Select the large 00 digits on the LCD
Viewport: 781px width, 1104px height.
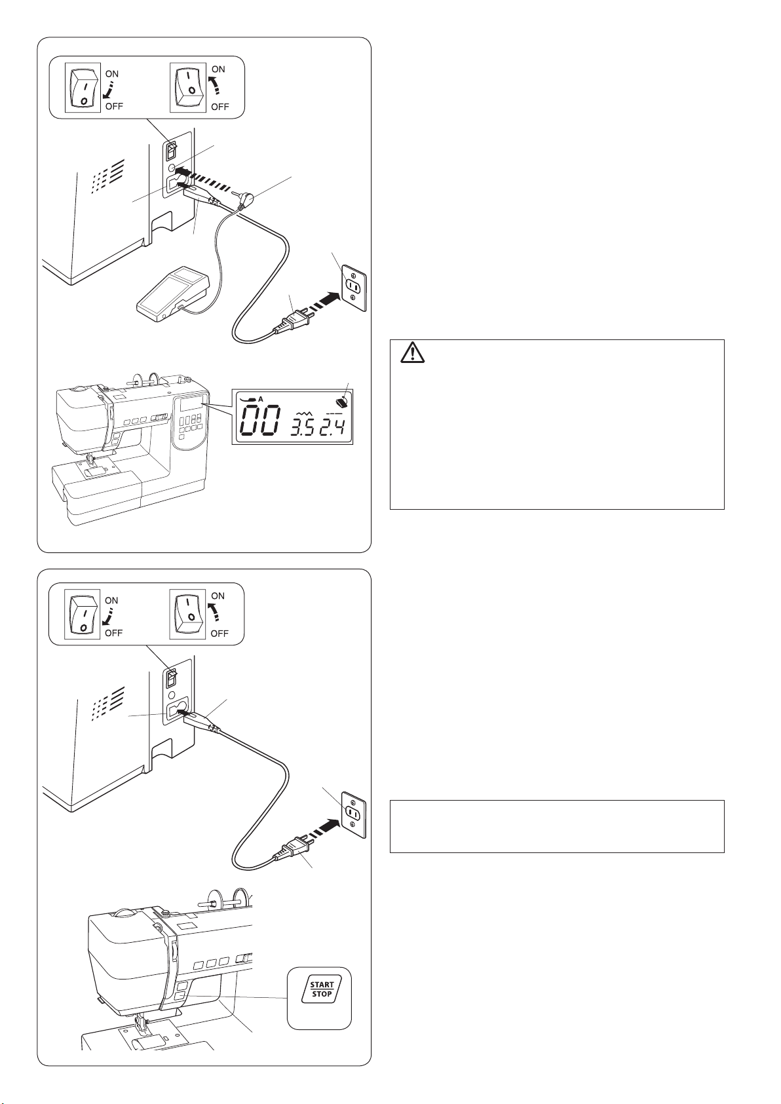pyautogui.click(x=259, y=421)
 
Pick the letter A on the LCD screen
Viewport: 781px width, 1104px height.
pyautogui.click(x=261, y=399)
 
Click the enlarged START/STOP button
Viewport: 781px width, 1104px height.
pyautogui.click(x=321, y=989)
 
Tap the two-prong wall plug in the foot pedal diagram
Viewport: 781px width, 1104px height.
pyautogui.click(x=293, y=324)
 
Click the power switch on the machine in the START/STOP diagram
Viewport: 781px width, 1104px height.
pyautogui.click(x=171, y=678)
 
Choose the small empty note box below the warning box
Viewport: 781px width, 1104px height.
pyautogui.click(x=557, y=826)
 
